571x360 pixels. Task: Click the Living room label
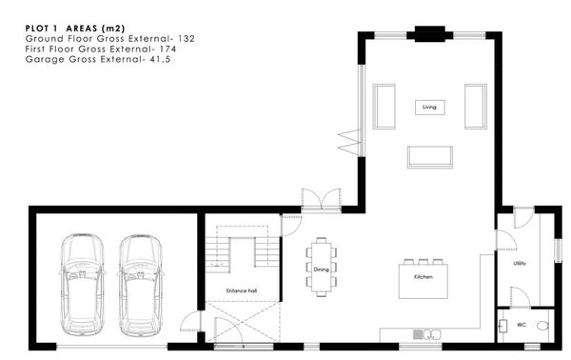(x=429, y=107)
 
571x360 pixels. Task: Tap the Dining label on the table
(x=322, y=270)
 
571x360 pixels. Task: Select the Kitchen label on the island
(x=423, y=277)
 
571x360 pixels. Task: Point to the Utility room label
(x=520, y=263)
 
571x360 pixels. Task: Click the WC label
(x=522, y=325)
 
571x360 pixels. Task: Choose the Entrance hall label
(x=242, y=290)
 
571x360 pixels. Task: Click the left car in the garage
(x=82, y=285)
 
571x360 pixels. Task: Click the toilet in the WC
(x=542, y=326)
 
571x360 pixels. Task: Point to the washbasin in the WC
(x=502, y=326)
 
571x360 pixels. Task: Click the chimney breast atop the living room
(x=430, y=34)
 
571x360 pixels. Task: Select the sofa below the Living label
(x=430, y=157)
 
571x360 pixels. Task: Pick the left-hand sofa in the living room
(x=384, y=107)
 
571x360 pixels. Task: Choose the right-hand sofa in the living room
(x=476, y=107)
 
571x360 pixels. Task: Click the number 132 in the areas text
(x=187, y=39)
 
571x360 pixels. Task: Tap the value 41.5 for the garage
(x=160, y=59)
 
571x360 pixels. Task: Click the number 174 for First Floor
(x=167, y=49)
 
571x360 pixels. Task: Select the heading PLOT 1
(x=41, y=29)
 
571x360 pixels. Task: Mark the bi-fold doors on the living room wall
(x=349, y=142)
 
